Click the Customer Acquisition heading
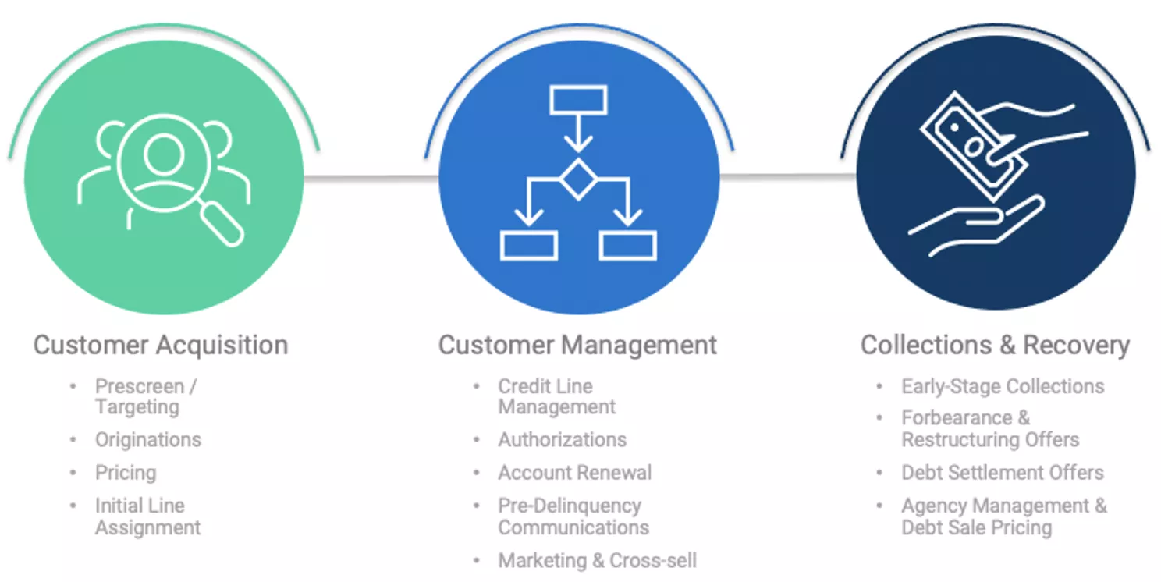tap(161, 345)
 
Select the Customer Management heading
tap(577, 345)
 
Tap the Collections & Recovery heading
tap(995, 345)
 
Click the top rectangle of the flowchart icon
tap(578, 100)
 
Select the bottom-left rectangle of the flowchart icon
tap(528, 245)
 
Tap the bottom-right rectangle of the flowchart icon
tap(628, 245)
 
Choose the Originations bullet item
tap(148, 440)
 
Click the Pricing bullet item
tap(126, 473)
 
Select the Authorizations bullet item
tap(562, 440)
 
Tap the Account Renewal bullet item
tap(574, 473)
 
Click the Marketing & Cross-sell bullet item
tap(597, 560)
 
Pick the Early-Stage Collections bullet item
tap(1003, 386)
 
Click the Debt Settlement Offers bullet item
tap(1003, 473)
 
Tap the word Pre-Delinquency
tap(570, 506)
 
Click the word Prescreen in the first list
tap(139, 386)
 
